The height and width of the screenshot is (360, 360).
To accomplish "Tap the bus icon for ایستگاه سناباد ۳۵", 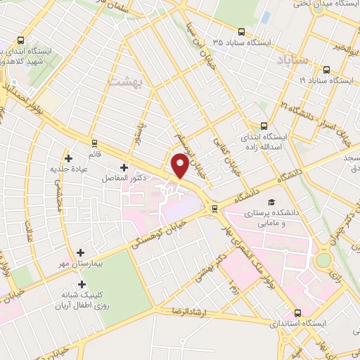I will pos(241,32).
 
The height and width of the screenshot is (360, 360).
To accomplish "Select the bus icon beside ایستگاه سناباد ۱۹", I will pos(327,69).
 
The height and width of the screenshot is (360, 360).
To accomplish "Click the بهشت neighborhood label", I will pos(125,82).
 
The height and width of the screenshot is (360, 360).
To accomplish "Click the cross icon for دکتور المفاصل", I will pos(124,167).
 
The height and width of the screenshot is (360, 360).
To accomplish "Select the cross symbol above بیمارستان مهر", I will pos(81,252).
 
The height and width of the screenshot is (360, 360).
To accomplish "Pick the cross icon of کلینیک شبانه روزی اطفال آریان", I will pos(83,285).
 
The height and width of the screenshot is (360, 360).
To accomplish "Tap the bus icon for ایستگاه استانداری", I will pos(297,312).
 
